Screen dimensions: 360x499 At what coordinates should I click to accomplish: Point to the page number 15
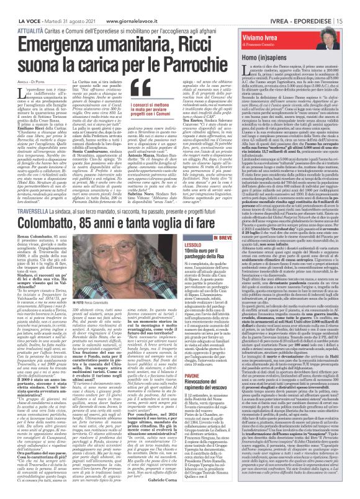[354, 6]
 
